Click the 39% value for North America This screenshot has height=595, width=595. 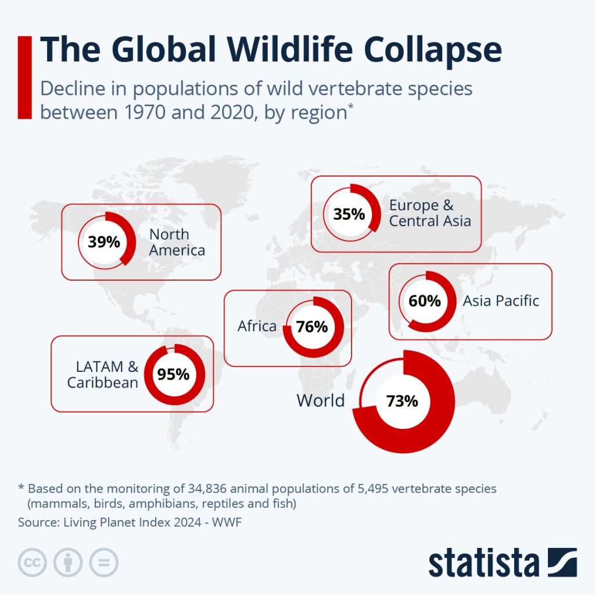[104, 242]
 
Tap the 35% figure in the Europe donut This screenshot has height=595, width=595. [349, 214]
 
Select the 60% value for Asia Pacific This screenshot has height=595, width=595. [425, 301]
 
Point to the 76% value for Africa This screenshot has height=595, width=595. [312, 327]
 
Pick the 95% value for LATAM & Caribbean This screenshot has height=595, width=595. [173, 375]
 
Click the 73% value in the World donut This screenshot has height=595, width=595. [402, 401]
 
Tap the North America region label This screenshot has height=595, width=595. [177, 242]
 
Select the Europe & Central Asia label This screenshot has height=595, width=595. [429, 213]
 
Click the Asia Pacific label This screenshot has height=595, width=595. [501, 301]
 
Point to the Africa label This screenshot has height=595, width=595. [257, 327]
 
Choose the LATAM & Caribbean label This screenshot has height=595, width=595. [103, 375]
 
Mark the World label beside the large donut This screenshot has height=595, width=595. [321, 400]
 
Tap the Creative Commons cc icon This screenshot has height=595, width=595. [32, 562]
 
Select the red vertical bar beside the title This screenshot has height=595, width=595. [24, 77]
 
